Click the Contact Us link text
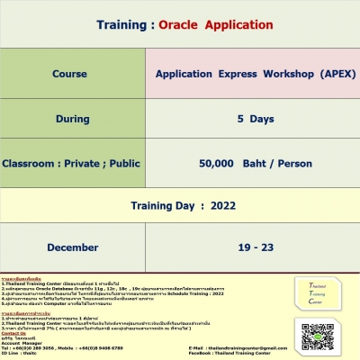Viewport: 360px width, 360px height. pos(14,332)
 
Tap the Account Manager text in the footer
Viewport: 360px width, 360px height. pos(23,342)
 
